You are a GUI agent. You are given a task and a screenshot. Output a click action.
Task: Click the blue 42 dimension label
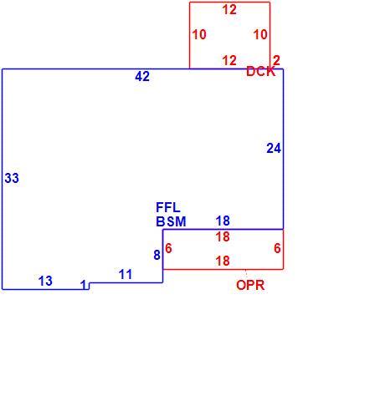tap(142, 76)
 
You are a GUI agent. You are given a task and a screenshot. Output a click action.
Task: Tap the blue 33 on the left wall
tap(12, 178)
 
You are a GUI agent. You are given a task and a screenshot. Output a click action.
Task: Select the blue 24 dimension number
tap(274, 148)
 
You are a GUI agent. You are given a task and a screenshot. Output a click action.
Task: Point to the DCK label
tap(260, 72)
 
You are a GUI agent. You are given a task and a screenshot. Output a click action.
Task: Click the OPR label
tap(250, 285)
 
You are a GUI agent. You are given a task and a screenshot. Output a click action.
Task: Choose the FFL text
tap(168, 207)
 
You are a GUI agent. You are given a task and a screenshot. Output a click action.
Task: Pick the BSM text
tap(171, 221)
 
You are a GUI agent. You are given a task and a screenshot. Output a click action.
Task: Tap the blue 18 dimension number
tap(223, 221)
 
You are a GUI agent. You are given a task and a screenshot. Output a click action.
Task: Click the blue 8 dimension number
tap(157, 255)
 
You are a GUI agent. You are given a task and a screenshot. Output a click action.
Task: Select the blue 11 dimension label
tap(126, 275)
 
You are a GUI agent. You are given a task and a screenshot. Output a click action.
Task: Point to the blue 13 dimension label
tap(45, 281)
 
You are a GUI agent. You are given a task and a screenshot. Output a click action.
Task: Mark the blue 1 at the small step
tap(84, 285)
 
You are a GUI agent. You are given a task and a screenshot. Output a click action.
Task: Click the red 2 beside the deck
tap(276, 60)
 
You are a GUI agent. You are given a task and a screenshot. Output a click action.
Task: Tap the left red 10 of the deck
tap(199, 34)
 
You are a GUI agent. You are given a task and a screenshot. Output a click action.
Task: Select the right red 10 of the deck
tap(260, 34)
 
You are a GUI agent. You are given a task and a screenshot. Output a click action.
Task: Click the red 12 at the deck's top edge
tap(229, 10)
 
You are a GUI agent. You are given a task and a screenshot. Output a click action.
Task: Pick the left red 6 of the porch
tap(168, 248)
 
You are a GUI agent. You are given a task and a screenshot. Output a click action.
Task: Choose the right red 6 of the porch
tap(277, 248)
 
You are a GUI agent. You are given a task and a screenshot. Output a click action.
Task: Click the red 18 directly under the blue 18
tap(223, 237)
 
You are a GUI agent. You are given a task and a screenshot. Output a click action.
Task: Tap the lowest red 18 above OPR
tap(223, 261)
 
